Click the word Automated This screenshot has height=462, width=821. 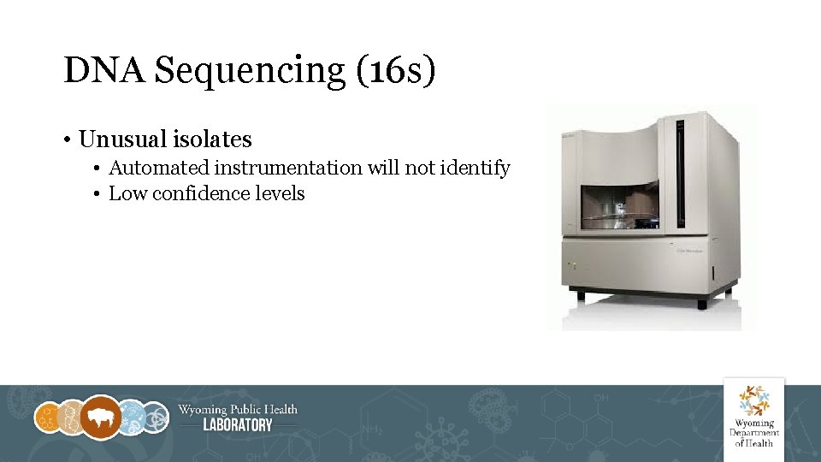(x=162, y=168)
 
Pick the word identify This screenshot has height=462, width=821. (x=475, y=169)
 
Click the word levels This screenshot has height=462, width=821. (x=281, y=193)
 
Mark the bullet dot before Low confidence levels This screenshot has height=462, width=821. (x=99, y=194)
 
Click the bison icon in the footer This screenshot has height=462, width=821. (x=102, y=418)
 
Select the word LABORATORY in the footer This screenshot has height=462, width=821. (x=238, y=425)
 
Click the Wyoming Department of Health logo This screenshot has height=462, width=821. (x=753, y=414)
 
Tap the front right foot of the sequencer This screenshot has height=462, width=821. (x=703, y=304)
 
